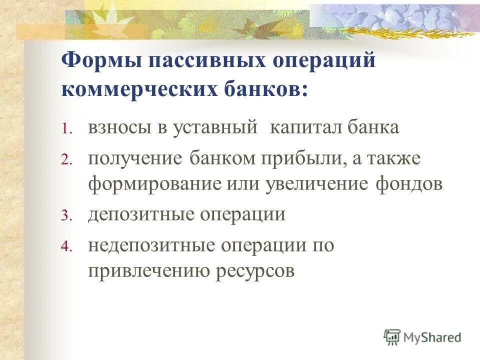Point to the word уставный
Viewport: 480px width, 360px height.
click(215, 128)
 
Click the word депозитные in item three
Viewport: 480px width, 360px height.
click(140, 214)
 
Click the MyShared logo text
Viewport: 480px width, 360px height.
click(431, 337)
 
